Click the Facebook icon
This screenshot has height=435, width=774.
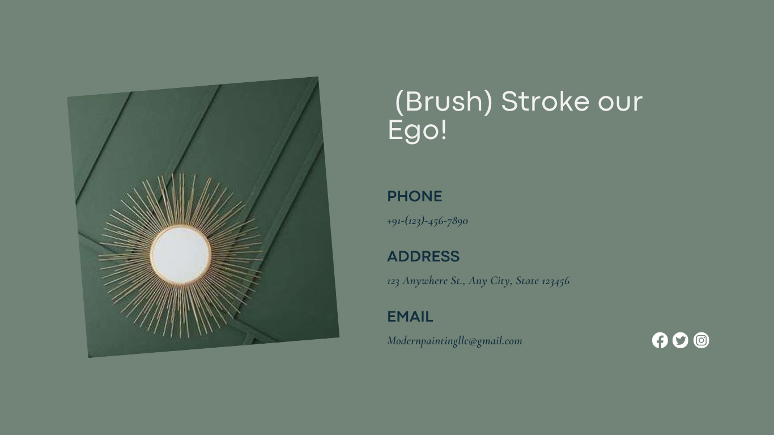(x=660, y=340)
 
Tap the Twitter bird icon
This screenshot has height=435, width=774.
(x=681, y=340)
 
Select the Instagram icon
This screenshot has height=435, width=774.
(x=701, y=340)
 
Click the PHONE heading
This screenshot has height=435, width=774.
(x=414, y=196)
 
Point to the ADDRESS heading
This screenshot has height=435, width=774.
(x=423, y=256)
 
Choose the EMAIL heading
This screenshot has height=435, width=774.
(x=410, y=316)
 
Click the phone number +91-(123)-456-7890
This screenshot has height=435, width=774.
(x=427, y=221)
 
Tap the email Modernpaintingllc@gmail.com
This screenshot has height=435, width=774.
(x=454, y=341)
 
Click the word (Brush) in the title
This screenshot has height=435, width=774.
(x=444, y=102)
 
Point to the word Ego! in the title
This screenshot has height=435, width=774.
(x=417, y=130)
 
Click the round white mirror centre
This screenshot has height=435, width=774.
(x=180, y=254)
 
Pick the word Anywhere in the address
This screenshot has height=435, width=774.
(x=426, y=281)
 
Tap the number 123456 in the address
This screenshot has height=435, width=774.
(x=555, y=281)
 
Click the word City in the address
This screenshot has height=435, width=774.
(x=501, y=281)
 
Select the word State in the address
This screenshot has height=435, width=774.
(x=528, y=281)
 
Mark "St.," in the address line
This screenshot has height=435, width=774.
(x=458, y=281)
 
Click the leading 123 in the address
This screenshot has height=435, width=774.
(x=393, y=281)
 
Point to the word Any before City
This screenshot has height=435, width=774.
(x=478, y=281)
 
